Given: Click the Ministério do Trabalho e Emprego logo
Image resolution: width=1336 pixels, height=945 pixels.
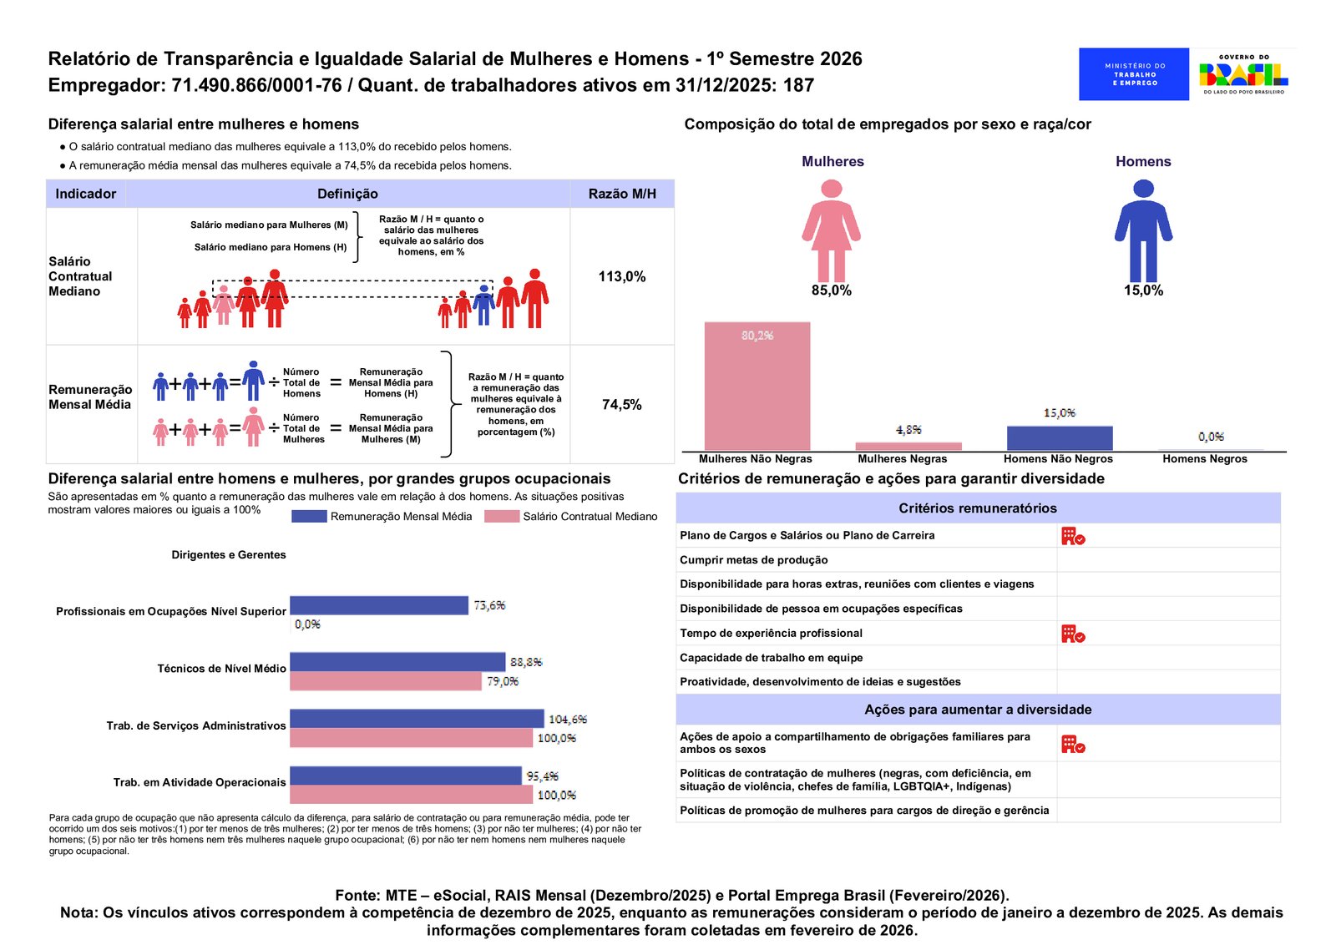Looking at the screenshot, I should click(x=1133, y=74).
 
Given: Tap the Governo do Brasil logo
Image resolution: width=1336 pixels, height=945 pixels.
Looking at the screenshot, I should click(x=1243, y=74).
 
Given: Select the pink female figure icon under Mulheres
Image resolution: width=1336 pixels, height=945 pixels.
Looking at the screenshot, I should click(x=831, y=230).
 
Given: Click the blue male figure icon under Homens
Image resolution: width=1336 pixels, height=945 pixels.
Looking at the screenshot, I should click(x=1143, y=230).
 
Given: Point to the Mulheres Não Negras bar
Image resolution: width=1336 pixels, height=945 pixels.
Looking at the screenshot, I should click(x=757, y=386).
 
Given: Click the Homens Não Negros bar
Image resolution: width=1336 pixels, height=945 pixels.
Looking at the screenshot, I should click(x=1059, y=438).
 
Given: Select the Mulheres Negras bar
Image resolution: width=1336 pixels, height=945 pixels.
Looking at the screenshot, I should click(x=908, y=446).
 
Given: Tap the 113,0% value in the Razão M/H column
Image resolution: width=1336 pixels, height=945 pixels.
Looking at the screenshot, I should click(x=622, y=276).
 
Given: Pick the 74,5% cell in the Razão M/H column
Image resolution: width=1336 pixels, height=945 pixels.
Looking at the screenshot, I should click(x=622, y=405).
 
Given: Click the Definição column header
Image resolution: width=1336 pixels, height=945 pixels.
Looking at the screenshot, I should click(x=347, y=194).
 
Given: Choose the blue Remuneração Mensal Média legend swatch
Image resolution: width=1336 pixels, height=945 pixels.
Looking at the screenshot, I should click(x=309, y=517).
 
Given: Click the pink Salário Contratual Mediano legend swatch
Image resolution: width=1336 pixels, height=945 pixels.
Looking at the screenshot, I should click(x=502, y=517).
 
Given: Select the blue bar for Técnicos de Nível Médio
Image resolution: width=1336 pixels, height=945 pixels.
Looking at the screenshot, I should click(x=397, y=662).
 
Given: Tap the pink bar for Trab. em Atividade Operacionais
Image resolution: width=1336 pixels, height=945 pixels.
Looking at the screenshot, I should click(x=411, y=795).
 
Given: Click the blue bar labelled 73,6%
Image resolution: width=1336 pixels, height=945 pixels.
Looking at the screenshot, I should click(x=379, y=605).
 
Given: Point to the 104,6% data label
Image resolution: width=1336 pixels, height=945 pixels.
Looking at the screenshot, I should click(x=568, y=720).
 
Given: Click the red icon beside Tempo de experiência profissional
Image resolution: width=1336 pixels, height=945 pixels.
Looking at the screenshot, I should click(x=1073, y=634).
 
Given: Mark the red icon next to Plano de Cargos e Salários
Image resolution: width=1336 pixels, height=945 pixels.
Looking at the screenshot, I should click(x=1073, y=536).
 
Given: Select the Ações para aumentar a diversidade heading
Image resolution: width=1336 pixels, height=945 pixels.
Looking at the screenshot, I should click(x=978, y=710).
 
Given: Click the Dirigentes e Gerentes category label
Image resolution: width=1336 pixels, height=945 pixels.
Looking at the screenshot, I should click(x=229, y=555).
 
